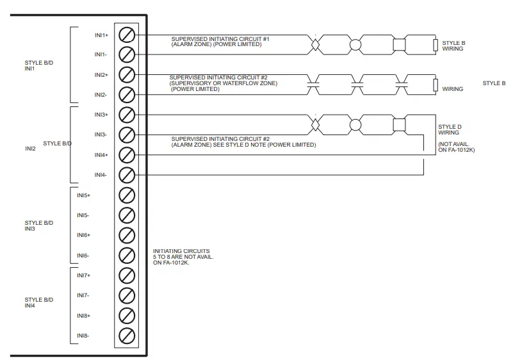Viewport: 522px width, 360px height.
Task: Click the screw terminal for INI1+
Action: [x=127, y=34]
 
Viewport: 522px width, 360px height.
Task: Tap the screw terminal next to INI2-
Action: [x=127, y=95]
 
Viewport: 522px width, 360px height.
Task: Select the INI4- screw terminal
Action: [x=127, y=174]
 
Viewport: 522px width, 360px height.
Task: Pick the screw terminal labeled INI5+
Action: [x=127, y=195]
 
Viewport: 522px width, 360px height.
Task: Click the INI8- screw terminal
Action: [x=127, y=335]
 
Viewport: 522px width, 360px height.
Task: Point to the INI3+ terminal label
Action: [x=101, y=115]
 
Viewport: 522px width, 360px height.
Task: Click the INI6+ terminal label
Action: [x=83, y=235]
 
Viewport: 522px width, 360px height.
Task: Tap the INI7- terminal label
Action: [x=83, y=295]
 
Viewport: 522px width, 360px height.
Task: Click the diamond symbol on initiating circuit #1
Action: [x=315, y=45]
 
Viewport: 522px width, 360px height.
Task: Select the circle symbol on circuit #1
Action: [x=355, y=45]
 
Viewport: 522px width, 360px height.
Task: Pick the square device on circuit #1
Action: [x=399, y=45]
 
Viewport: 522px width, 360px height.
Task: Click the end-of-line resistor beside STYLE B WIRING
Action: [x=436, y=45]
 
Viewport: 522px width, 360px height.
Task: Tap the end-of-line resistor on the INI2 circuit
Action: [x=436, y=85]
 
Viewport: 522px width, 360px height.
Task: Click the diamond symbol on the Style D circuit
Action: [x=315, y=124]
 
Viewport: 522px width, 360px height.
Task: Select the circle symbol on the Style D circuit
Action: [x=355, y=124]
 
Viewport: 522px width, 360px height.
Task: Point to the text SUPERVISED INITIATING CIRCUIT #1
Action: [x=220, y=39]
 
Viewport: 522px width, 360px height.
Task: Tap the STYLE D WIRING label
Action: [x=448, y=130]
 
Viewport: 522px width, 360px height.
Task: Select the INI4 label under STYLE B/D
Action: [x=30, y=305]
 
